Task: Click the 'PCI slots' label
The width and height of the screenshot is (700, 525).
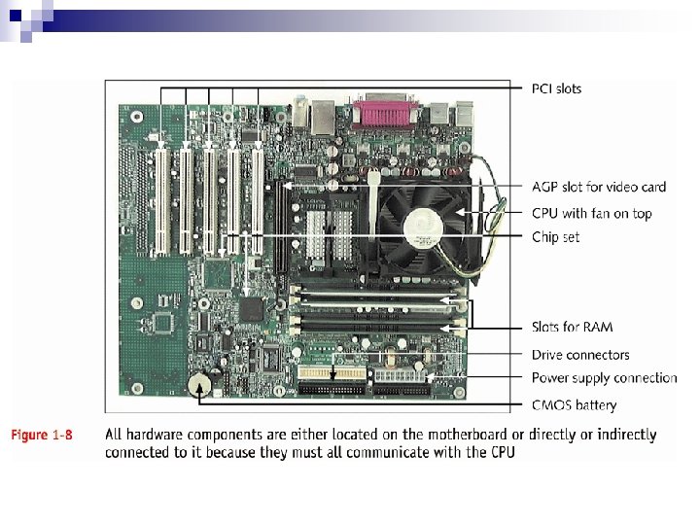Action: point(556,88)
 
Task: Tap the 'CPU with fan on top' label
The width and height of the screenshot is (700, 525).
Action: point(591,213)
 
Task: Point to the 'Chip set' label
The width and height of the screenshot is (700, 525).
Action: point(555,236)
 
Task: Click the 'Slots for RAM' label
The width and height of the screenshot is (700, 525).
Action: point(572,327)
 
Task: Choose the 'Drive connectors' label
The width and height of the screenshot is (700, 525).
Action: point(579,355)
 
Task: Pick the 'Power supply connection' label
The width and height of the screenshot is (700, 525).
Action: point(604,377)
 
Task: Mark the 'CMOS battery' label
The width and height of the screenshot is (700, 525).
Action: point(574,404)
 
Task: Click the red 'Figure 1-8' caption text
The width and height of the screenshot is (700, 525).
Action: point(42,435)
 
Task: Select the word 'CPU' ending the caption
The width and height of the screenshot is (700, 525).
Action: point(503,452)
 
